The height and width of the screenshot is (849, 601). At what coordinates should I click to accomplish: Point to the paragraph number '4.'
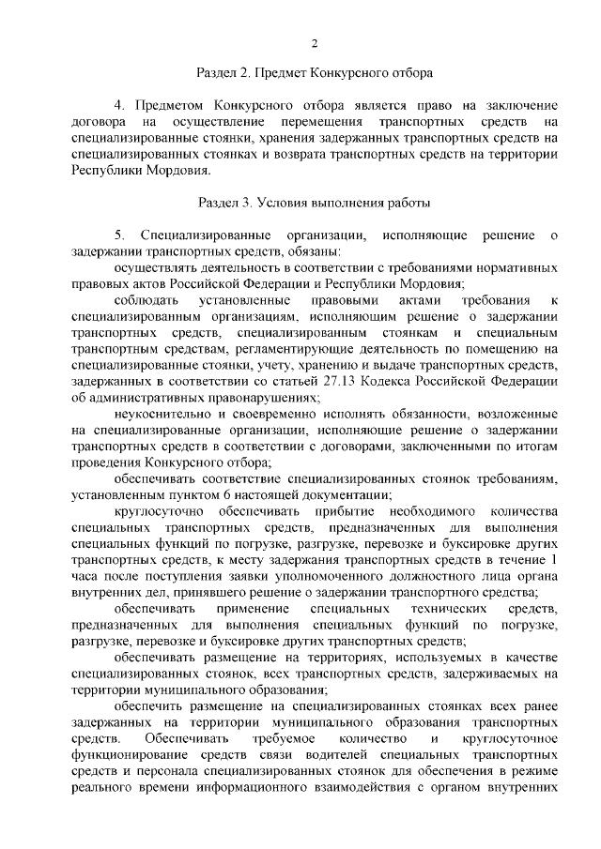tap(119, 104)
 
